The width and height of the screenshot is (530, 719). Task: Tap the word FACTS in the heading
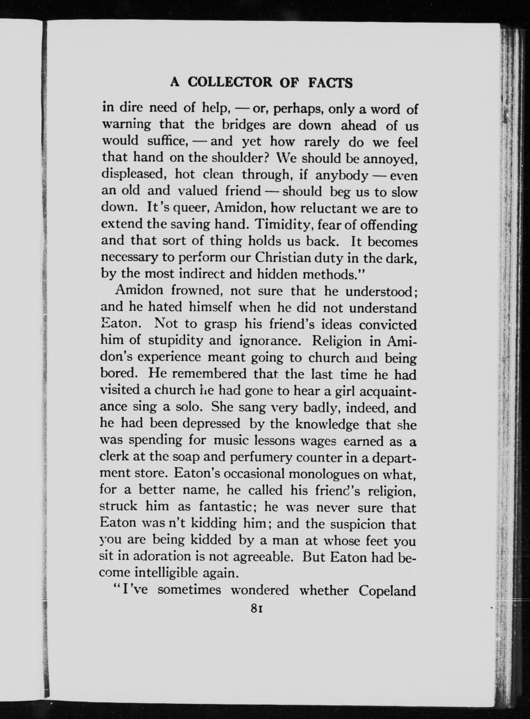(330, 83)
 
